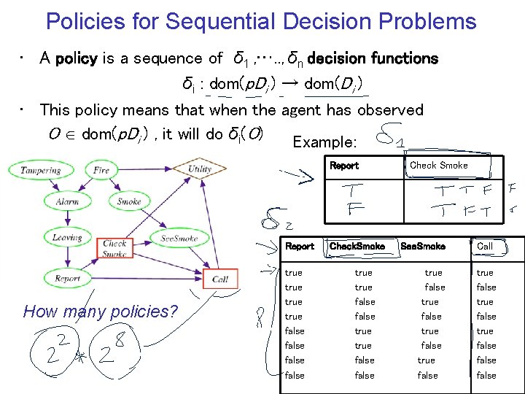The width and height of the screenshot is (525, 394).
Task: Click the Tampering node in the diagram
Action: tap(40, 171)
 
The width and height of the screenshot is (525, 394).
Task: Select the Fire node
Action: tap(101, 171)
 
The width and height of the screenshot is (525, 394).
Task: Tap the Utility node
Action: tap(199, 169)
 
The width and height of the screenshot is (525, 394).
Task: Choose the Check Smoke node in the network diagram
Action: tap(114, 249)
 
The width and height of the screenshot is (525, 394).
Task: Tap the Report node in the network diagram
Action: tap(67, 278)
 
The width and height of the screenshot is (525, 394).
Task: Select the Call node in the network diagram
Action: tap(219, 279)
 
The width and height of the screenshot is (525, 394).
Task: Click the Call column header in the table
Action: tap(485, 247)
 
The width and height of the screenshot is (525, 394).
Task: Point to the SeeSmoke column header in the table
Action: tap(423, 247)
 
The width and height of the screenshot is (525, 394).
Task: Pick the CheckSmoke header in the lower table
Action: tap(357, 247)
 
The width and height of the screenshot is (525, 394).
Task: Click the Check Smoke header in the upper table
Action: tap(439, 166)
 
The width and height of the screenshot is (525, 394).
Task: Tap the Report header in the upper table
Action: tap(344, 166)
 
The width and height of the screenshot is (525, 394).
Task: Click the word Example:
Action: tap(324, 142)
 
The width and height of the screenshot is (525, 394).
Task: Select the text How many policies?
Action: tap(101, 312)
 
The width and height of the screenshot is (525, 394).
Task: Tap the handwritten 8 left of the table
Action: tap(258, 318)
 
